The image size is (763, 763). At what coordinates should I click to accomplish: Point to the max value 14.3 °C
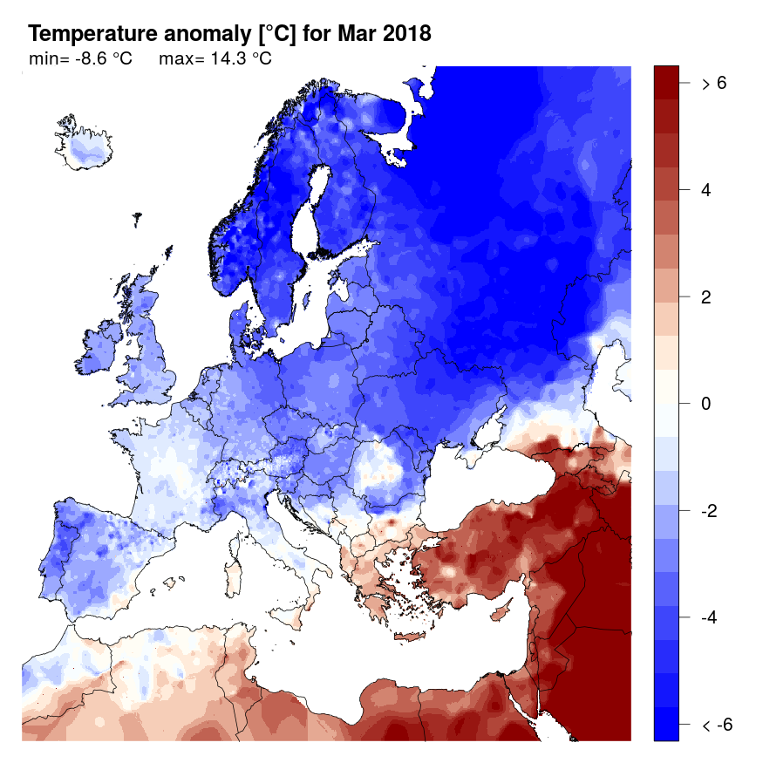[236, 59]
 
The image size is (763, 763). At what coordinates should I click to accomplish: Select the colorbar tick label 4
[705, 190]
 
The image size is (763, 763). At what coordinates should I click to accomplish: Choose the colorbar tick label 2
[705, 296]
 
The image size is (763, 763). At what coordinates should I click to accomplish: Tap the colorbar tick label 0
[705, 404]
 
